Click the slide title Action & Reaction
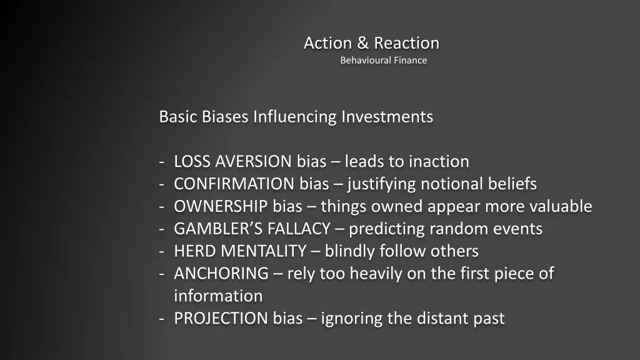371,43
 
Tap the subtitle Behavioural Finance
383,61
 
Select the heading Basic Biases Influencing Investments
296,117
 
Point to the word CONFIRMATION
234,184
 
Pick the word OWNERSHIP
221,207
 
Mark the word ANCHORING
221,274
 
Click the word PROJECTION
221,319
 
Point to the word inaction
439,162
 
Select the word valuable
561,207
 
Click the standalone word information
218,296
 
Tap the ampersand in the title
363,43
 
